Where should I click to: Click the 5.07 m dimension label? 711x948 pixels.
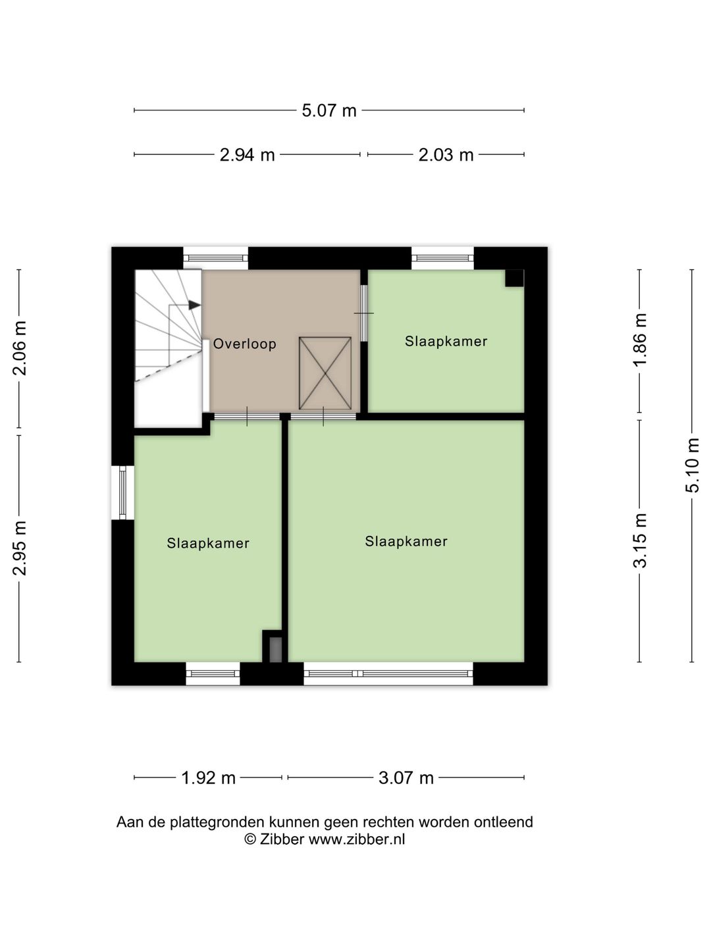pyautogui.click(x=329, y=111)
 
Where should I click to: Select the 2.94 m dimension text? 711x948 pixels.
pyautogui.click(x=247, y=155)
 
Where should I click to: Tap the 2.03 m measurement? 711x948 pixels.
pyautogui.click(x=446, y=155)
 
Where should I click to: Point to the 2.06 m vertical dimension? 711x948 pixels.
pyautogui.click(x=20, y=348)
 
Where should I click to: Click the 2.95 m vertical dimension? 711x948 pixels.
pyautogui.click(x=20, y=548)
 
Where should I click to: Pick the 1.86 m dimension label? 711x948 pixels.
pyautogui.click(x=640, y=340)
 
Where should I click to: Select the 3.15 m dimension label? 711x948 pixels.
pyautogui.click(x=640, y=540)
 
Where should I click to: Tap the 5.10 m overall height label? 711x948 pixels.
pyautogui.click(x=693, y=465)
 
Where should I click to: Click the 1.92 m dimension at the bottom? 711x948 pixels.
pyautogui.click(x=208, y=778)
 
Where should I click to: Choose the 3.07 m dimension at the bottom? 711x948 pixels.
pyautogui.click(x=406, y=778)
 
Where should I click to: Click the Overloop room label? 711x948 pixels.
pyautogui.click(x=244, y=344)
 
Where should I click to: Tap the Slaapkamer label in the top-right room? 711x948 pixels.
pyautogui.click(x=446, y=341)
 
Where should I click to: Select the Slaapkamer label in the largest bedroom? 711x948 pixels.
pyautogui.click(x=406, y=541)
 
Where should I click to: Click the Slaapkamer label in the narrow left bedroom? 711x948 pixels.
pyautogui.click(x=208, y=543)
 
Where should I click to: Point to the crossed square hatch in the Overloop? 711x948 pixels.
pyautogui.click(x=325, y=373)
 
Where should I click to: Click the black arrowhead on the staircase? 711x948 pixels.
pyautogui.click(x=194, y=305)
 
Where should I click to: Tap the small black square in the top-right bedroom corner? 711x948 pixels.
pyautogui.click(x=514, y=278)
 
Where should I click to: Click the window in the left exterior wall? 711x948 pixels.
pyautogui.click(x=122, y=492)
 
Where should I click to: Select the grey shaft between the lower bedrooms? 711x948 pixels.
pyautogui.click(x=275, y=649)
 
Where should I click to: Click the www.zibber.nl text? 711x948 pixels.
pyautogui.click(x=357, y=839)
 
